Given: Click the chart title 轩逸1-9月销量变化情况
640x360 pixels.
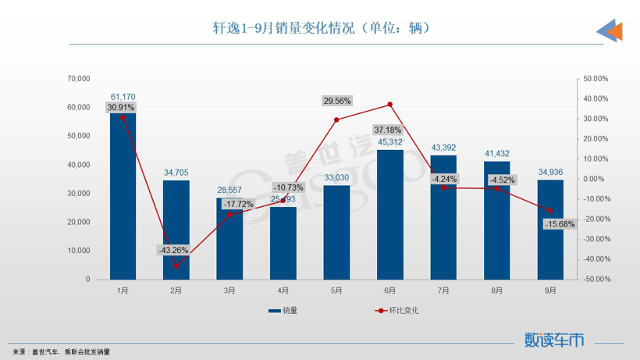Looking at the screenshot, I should pos(321,28).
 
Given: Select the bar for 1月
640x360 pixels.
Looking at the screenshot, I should pos(123,195).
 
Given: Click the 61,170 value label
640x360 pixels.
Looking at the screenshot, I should pos(123,97).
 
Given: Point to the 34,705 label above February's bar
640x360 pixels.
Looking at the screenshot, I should pos(176,173).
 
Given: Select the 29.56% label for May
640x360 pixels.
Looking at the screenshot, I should pos(336,101).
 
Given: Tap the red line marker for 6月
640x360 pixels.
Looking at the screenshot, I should pos(389,105).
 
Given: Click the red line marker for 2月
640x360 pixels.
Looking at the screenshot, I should pos(176,266).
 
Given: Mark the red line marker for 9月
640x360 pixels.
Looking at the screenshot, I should pos(550,211).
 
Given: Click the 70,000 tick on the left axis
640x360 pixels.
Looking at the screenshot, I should pos(79,79).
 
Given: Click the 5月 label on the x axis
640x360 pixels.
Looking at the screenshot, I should pos(336,290).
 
